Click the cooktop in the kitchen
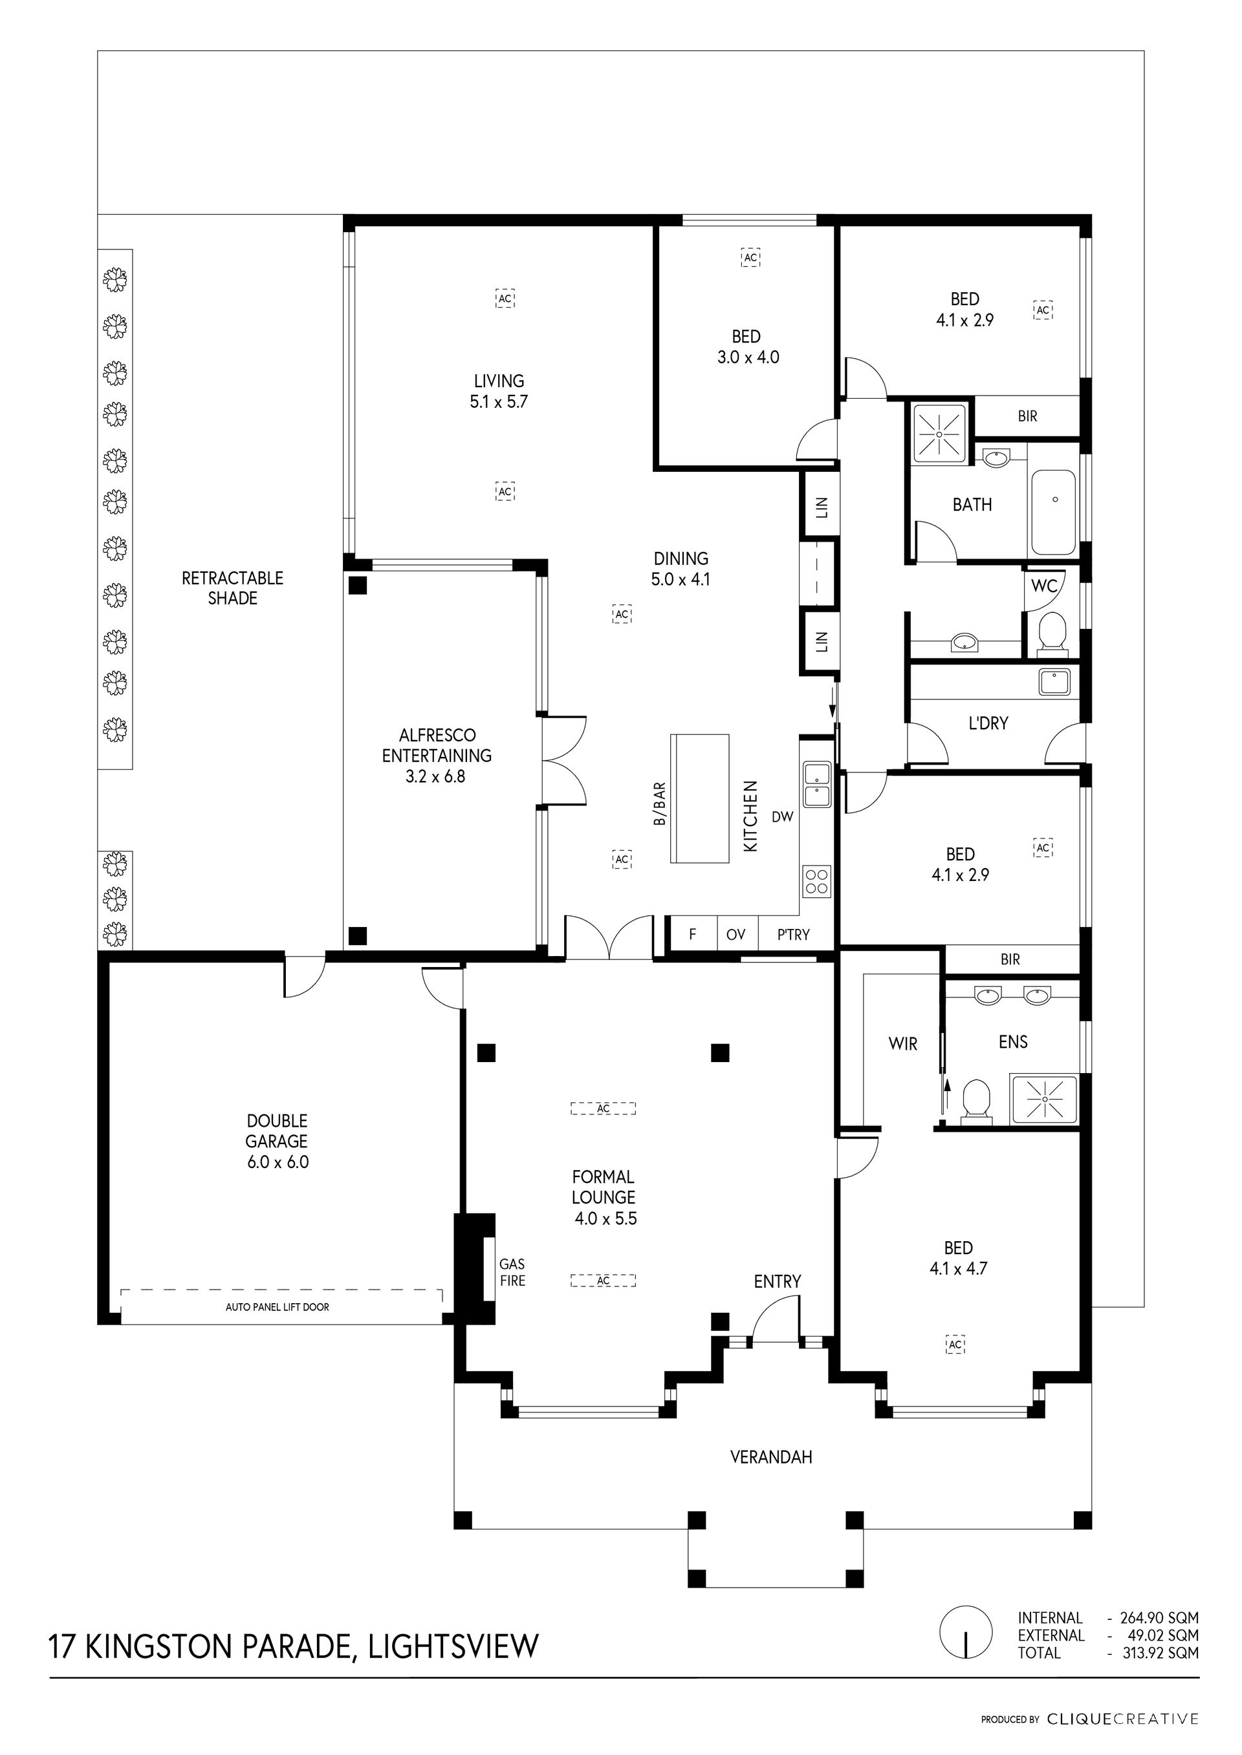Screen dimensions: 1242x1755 point(817,880)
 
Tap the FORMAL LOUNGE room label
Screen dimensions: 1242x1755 point(604,1197)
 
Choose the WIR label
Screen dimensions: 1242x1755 point(902,1043)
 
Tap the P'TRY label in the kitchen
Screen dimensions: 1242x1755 point(793,934)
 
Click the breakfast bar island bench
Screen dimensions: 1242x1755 point(700,798)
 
